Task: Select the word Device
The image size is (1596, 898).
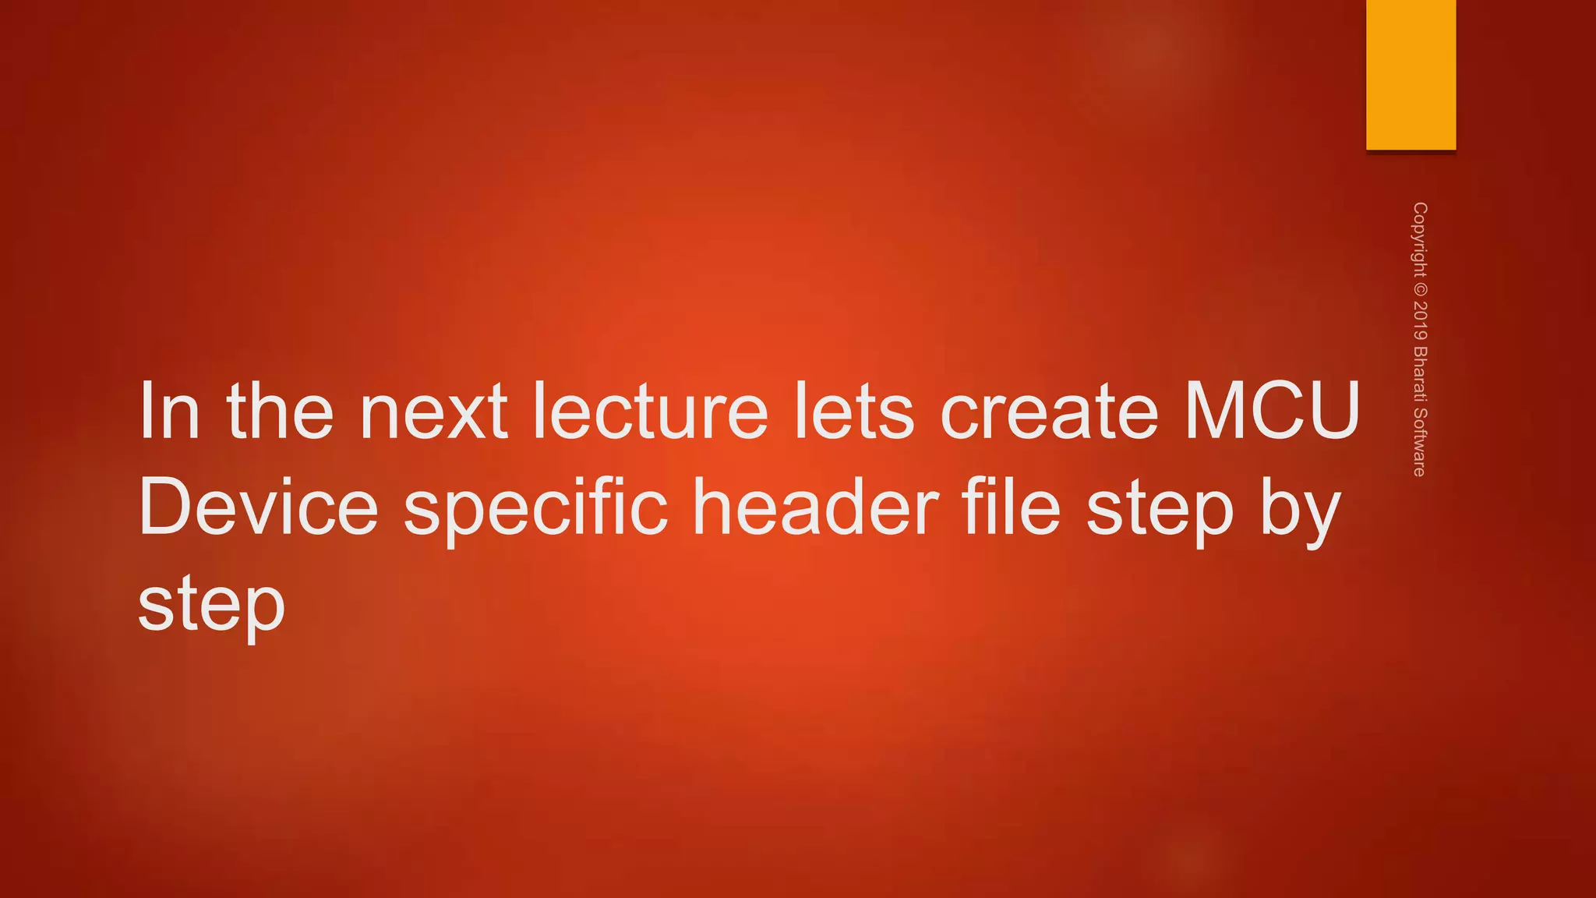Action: tap(258, 508)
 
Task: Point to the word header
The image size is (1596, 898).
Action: tap(815, 508)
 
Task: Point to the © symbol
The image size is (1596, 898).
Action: tap(1420, 288)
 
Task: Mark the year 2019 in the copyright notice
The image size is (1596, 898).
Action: tap(1420, 320)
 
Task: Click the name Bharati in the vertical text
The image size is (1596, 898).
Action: tap(1420, 374)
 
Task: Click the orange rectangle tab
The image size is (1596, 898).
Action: tap(1411, 75)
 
